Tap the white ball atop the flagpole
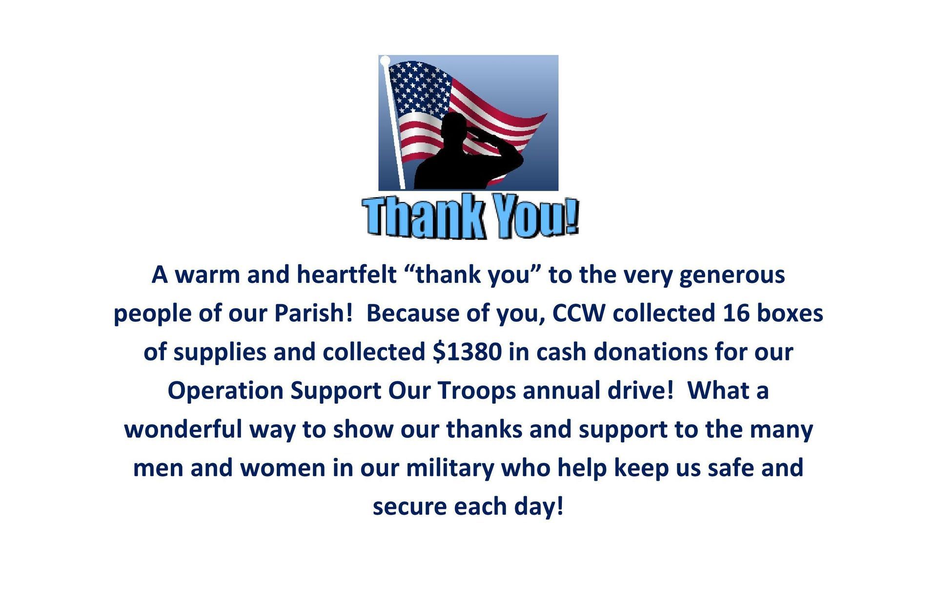click(x=385, y=60)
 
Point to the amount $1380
click(x=467, y=351)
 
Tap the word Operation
click(x=225, y=391)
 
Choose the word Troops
click(x=476, y=391)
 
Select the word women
click(x=283, y=468)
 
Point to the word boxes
click(x=790, y=313)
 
